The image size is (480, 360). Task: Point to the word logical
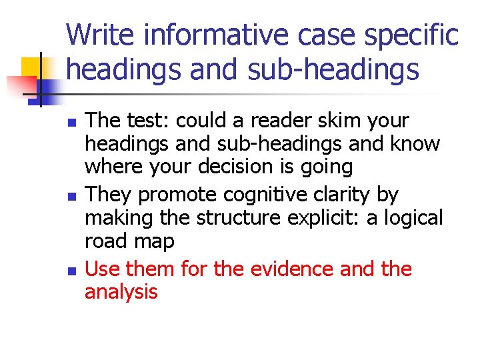coord(409,218)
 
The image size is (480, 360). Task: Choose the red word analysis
coord(121,292)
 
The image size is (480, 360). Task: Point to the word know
coord(418,143)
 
